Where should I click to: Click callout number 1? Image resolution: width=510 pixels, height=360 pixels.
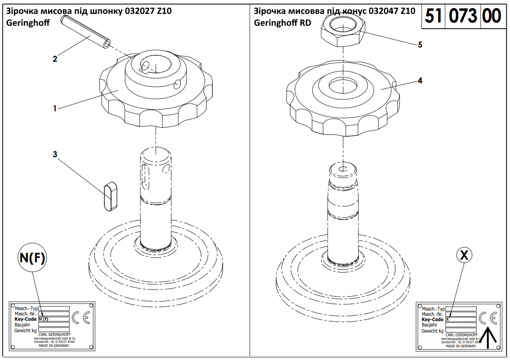[x=55, y=108]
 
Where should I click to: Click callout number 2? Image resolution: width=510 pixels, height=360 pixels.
[x=55, y=59]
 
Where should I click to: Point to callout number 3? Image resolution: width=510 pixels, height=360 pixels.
[x=55, y=154]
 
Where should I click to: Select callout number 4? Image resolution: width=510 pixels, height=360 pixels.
[x=420, y=81]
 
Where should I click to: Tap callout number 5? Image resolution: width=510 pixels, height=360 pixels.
[x=420, y=45]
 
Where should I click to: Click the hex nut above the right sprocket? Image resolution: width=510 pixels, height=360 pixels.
[x=343, y=32]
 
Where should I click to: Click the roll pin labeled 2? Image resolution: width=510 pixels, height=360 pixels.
[x=86, y=32]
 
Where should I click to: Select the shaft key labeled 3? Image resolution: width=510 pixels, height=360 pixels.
[x=111, y=196]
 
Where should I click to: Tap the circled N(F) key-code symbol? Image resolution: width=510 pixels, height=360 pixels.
[x=32, y=257]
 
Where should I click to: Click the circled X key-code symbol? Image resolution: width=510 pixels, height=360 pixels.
[x=464, y=255]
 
